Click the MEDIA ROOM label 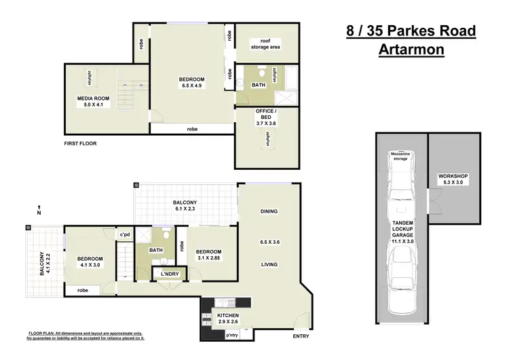pos(93,98)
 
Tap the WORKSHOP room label pos(453,176)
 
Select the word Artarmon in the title pos(411,50)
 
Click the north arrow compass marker pos(39,211)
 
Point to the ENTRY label pos(301,336)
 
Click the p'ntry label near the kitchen pos(232,336)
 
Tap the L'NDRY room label pos(170,274)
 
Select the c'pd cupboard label pos(125,234)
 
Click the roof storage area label pos(265,44)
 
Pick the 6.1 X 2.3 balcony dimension pos(185,209)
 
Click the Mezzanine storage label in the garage pos(400,156)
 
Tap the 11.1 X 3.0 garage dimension pos(402,241)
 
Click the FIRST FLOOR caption pos(80,143)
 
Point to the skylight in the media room pos(90,77)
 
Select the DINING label pos(269,211)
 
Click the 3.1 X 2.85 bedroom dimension pos(208,258)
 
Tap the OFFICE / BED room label pos(266,114)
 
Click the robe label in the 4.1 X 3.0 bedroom pos(83,290)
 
